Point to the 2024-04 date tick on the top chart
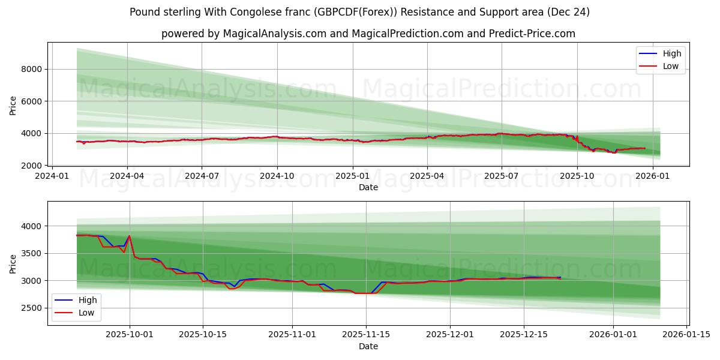[x=127, y=176]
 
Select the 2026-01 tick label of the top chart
[x=652, y=176]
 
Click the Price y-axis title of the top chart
[x=13, y=106]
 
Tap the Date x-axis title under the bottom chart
[x=368, y=346]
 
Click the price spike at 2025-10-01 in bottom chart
[x=130, y=236]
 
